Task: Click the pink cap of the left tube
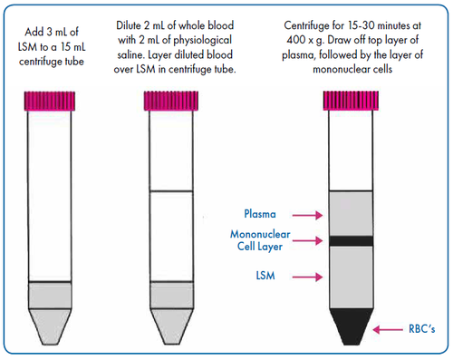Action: click(x=50, y=101)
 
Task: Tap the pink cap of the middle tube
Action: click(x=171, y=101)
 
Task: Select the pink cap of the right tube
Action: click(x=351, y=101)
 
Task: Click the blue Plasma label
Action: click(x=260, y=214)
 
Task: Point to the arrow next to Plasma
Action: click(x=307, y=215)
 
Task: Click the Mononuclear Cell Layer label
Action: click(x=260, y=240)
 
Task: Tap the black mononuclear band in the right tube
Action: click(x=351, y=241)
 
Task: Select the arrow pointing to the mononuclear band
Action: click(x=307, y=240)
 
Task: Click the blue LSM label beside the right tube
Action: click(x=265, y=276)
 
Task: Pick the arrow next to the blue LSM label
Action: click(x=307, y=277)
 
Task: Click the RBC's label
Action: click(x=421, y=329)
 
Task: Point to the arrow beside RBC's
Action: click(x=388, y=329)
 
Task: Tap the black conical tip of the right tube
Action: click(x=352, y=326)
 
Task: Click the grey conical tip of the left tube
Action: click(x=50, y=326)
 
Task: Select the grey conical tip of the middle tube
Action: click(x=171, y=326)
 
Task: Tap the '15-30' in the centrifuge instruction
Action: click(x=361, y=25)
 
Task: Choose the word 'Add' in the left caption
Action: click(x=34, y=32)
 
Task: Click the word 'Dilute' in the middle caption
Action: click(x=129, y=25)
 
